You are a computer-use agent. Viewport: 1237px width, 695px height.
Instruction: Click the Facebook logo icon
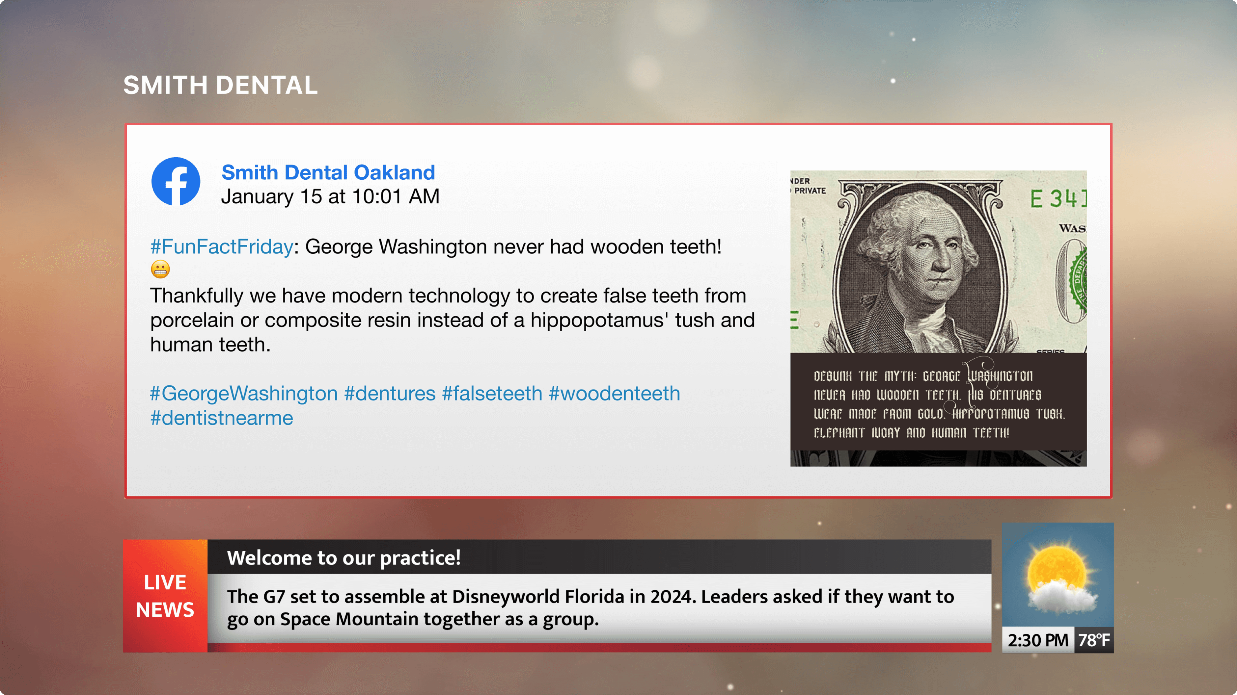(176, 181)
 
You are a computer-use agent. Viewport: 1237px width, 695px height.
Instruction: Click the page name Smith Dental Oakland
(328, 172)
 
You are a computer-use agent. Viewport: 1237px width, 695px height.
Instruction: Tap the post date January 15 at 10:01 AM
(330, 196)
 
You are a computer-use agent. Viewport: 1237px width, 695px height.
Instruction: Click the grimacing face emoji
(160, 269)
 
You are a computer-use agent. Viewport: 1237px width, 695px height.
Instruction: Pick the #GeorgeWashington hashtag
(244, 394)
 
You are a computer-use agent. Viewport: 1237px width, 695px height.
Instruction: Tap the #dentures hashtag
(390, 394)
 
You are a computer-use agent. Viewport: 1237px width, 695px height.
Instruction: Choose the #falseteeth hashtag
(492, 394)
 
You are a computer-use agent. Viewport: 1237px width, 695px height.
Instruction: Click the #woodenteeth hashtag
(615, 394)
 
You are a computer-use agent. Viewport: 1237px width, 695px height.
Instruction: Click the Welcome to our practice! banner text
(344, 558)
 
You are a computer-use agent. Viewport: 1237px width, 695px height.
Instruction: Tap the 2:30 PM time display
(1038, 640)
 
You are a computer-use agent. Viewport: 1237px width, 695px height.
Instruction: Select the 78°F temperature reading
(1094, 640)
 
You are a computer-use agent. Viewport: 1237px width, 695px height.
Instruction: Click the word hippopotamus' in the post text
(599, 321)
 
